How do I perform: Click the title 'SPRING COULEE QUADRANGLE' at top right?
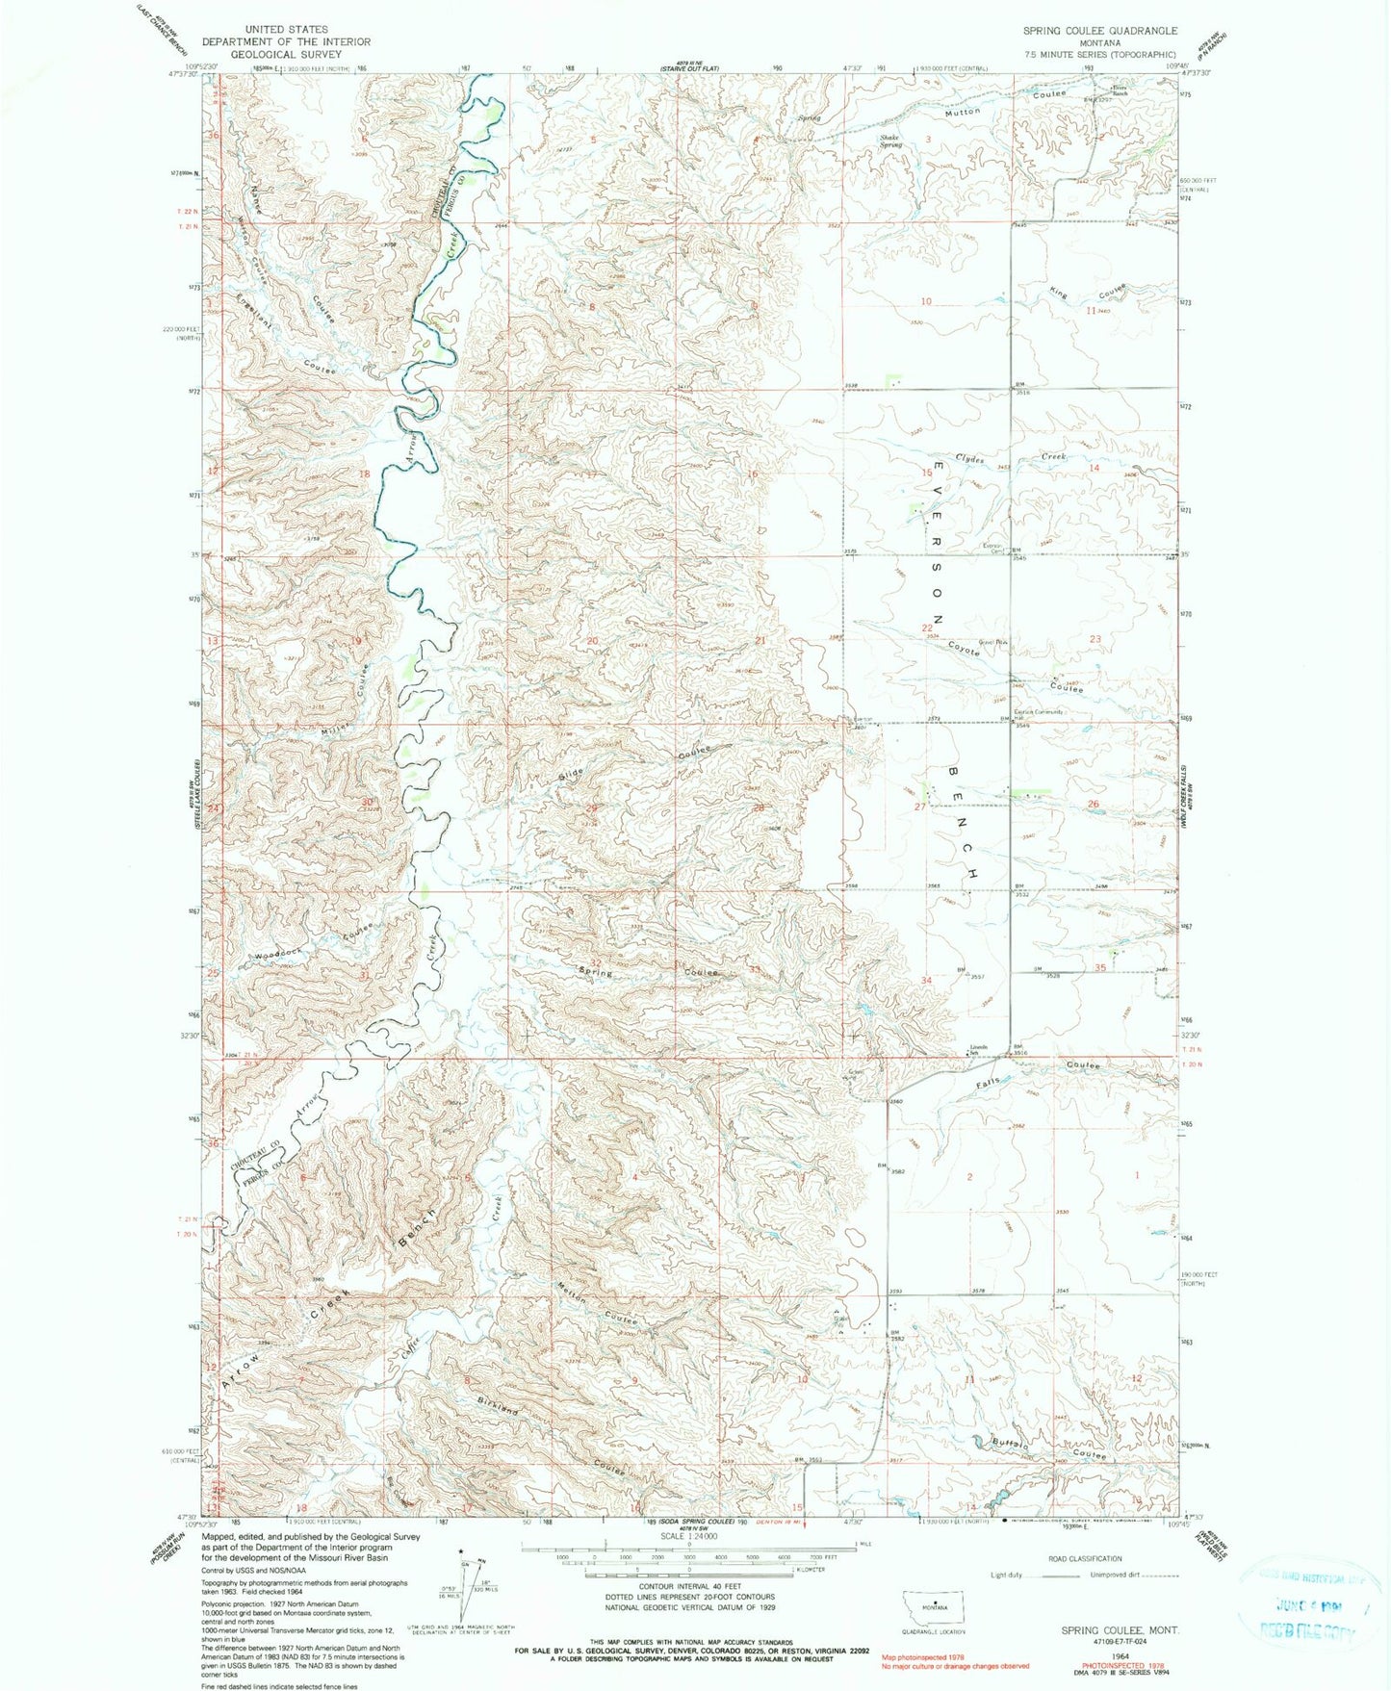tap(1099, 31)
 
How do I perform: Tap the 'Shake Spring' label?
tap(889, 141)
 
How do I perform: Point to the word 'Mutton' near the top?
tap(962, 113)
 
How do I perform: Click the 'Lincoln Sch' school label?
tap(979, 1049)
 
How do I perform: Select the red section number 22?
tap(927, 628)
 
